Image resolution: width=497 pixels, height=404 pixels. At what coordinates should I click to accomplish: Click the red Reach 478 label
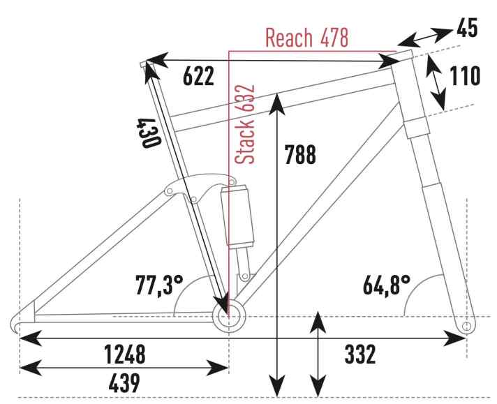pos(306,38)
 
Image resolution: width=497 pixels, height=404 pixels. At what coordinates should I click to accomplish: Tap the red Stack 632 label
pos(245,124)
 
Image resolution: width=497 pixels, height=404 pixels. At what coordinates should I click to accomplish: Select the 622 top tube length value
pos(198,76)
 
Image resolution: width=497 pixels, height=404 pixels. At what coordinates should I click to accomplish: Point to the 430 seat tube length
pos(149,133)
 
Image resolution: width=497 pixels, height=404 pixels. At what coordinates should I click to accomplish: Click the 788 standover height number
pos(300,155)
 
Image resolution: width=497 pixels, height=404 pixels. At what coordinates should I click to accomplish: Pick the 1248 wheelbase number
pos(125,354)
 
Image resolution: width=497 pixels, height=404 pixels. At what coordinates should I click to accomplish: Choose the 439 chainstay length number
pos(124,383)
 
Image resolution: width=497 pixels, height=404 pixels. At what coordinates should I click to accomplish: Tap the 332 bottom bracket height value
pos(360,354)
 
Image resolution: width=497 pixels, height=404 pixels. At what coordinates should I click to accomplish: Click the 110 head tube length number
pos(465,76)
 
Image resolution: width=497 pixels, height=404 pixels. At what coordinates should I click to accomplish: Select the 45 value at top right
pos(467,28)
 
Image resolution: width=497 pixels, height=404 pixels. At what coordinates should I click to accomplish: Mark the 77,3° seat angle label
pos(159,285)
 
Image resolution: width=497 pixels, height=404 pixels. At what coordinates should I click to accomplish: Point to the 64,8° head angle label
pos(387,285)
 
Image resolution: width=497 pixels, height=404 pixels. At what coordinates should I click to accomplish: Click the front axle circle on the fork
pos(466,326)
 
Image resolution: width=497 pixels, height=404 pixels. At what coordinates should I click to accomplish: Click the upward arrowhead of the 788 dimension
pos(278,103)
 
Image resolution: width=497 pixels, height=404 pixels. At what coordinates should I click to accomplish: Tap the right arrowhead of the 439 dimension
pos(218,368)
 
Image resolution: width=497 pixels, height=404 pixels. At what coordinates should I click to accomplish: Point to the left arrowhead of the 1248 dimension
pos(31,338)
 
